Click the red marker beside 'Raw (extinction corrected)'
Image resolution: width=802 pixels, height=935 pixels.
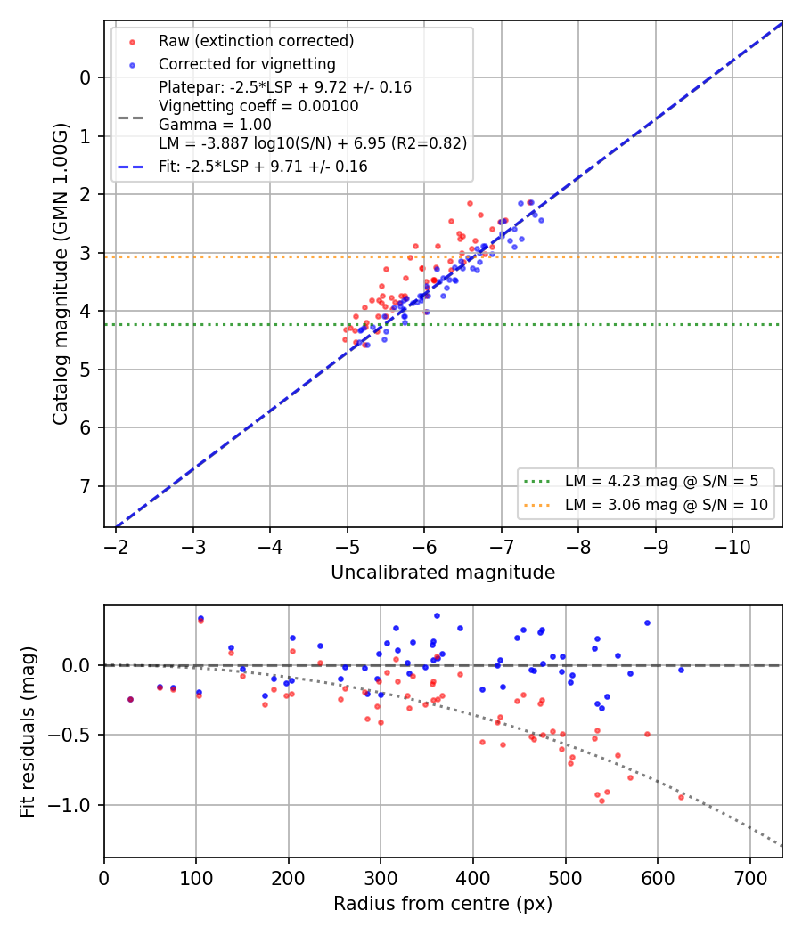point(133,42)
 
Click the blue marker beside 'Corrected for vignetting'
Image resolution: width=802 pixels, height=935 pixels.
point(133,65)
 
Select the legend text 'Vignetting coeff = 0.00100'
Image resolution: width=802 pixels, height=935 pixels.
point(258,106)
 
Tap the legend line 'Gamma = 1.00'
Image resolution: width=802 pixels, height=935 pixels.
point(215,125)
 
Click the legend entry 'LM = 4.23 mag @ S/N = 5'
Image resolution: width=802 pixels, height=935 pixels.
point(661,481)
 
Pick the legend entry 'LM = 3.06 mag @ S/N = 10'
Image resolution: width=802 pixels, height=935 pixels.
point(666,505)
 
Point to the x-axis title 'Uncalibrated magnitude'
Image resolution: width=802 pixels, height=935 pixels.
point(443,573)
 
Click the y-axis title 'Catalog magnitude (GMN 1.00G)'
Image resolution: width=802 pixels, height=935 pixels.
point(61,274)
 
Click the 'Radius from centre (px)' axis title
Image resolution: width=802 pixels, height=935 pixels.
point(443,904)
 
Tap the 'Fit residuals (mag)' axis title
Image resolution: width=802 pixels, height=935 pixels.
point(28,732)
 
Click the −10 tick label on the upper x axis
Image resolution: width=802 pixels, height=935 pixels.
point(732,547)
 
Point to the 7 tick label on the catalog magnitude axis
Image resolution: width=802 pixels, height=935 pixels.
point(86,486)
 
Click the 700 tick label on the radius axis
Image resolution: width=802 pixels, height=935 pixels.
point(749,878)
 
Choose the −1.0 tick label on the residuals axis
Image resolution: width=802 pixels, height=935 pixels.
point(69,806)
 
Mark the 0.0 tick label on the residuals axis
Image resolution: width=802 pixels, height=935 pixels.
point(77,665)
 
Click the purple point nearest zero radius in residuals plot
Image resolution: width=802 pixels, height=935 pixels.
point(131,699)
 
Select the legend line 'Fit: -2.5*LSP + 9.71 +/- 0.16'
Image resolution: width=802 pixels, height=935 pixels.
point(263,167)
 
